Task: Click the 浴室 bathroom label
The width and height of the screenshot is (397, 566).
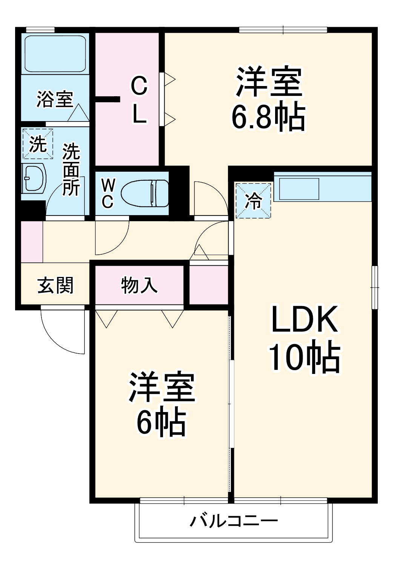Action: click(x=55, y=99)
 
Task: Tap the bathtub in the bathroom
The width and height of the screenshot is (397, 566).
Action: click(x=55, y=53)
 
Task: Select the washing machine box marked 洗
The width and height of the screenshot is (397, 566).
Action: click(x=37, y=144)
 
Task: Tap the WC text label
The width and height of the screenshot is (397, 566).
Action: click(x=108, y=193)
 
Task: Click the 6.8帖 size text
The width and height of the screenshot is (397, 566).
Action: click(x=268, y=117)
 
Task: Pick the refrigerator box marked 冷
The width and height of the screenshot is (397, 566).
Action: click(x=253, y=200)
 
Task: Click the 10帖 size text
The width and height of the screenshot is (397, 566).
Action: click(x=304, y=357)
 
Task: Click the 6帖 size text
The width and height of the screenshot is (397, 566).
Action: click(x=161, y=422)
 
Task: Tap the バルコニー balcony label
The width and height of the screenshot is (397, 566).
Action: click(x=234, y=521)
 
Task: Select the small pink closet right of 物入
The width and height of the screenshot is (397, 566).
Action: click(x=208, y=285)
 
